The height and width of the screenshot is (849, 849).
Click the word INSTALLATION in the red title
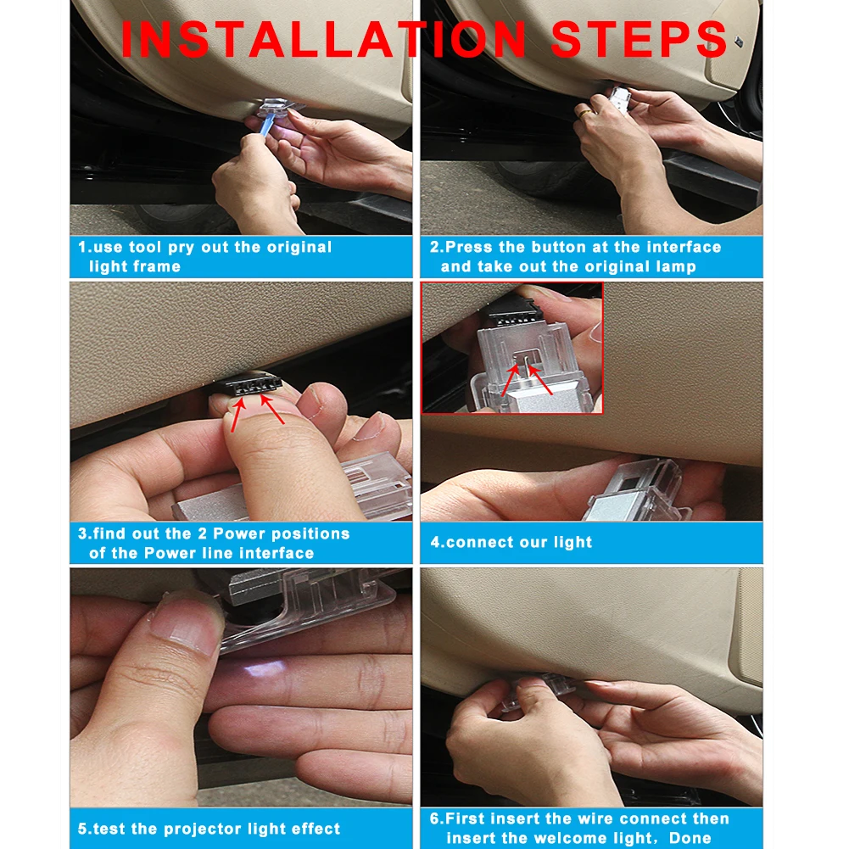click(323, 39)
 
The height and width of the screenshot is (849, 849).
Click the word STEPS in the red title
click(639, 39)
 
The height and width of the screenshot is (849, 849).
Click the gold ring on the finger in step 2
click(585, 113)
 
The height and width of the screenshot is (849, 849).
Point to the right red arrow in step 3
click(272, 409)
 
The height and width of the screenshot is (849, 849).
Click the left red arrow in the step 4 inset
click(510, 380)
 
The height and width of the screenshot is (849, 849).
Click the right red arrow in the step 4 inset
click(539, 380)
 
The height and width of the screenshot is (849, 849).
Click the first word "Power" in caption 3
click(239, 533)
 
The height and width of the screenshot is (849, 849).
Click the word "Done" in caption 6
click(690, 838)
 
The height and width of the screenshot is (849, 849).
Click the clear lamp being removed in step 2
click(620, 98)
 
